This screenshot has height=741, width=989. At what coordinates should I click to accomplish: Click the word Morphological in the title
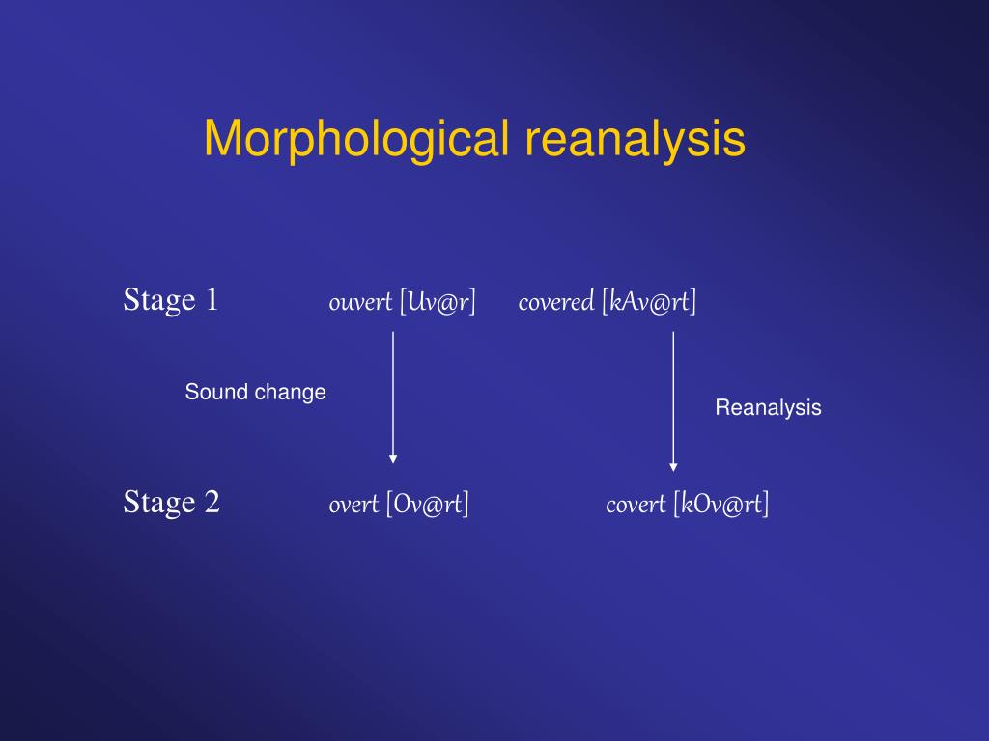click(x=355, y=139)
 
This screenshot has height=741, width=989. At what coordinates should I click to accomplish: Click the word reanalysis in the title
click(x=636, y=139)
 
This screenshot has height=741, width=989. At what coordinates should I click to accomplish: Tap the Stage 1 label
click(x=171, y=300)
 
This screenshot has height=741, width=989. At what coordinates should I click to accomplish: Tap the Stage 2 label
click(x=172, y=502)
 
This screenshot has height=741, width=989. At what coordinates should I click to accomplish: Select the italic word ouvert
click(x=360, y=302)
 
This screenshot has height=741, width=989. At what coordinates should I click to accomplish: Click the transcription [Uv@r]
click(x=438, y=302)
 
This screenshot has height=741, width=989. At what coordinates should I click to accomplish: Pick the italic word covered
click(x=555, y=302)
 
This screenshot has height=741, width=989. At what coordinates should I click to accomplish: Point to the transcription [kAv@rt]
click(x=648, y=302)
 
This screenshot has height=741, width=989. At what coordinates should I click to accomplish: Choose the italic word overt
click(x=353, y=504)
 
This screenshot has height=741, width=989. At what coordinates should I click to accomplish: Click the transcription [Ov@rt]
click(x=428, y=504)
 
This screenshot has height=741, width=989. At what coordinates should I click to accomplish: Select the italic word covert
click(x=636, y=504)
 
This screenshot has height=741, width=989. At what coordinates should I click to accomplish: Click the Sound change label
click(x=256, y=392)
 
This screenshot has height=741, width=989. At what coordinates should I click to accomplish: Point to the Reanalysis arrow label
click(x=768, y=407)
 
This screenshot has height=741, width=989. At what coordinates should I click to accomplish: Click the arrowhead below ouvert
click(x=393, y=458)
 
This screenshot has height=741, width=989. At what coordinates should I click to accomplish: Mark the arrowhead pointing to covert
click(x=673, y=467)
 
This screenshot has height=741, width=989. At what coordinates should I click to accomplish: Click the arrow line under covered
click(x=673, y=396)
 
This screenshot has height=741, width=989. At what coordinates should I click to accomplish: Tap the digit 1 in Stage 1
click(x=212, y=300)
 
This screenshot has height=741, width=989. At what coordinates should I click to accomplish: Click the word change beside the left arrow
click(x=291, y=392)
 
